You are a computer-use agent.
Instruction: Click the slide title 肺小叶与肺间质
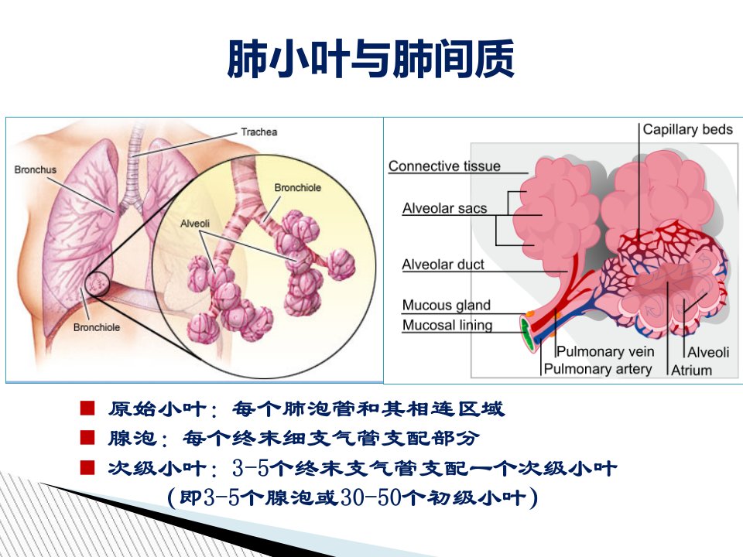pos(371,59)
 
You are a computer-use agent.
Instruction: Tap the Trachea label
pos(259,132)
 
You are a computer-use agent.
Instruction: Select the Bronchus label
pos(35,169)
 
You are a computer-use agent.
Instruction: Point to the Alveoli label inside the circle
pos(195,224)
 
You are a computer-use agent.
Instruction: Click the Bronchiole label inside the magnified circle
pos(297,187)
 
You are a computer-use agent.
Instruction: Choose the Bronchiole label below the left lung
pos(97,327)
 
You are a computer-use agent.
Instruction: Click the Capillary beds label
pos(687,129)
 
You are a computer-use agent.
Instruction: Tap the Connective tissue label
pos(444,166)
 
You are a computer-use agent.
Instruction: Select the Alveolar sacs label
pos(444,208)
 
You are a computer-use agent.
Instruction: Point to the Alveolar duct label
pos(443,265)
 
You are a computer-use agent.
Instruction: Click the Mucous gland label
pos(447,306)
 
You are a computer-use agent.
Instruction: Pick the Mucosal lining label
pos(447,326)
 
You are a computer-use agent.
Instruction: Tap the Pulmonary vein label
pos(605,351)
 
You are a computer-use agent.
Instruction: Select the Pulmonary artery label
pos(597,369)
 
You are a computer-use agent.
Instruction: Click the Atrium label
pos(691,370)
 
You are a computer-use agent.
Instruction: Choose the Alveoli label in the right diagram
pos(708,353)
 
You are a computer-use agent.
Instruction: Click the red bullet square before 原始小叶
pos(87,408)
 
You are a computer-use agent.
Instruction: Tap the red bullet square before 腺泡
pos(87,438)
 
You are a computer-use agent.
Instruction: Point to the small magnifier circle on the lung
pos(98,284)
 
